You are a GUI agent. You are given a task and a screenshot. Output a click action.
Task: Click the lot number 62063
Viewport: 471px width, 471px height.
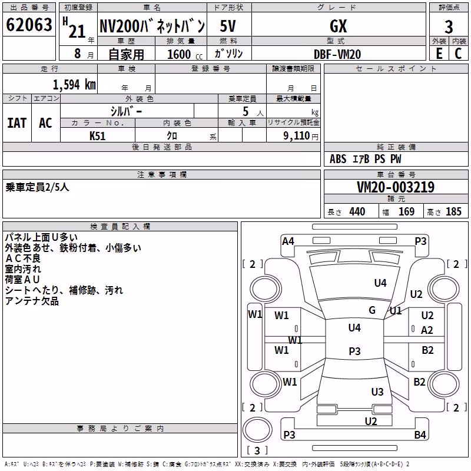29,25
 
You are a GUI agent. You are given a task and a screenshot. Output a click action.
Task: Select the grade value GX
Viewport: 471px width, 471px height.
338,26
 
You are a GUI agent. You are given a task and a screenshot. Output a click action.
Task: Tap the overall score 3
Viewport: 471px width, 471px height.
449,27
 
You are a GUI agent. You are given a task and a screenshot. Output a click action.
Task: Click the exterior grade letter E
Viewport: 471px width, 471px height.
439,54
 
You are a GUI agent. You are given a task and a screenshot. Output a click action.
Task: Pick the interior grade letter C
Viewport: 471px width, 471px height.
458,54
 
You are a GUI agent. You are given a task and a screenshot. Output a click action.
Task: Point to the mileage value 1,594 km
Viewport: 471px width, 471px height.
75,85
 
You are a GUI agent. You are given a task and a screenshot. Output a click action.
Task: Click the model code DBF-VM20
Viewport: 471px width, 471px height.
337,54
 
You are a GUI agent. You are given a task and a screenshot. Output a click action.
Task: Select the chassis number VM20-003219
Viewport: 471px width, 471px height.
396,187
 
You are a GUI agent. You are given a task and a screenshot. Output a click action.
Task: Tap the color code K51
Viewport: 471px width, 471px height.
97,136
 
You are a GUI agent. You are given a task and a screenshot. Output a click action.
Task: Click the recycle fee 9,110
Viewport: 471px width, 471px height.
296,135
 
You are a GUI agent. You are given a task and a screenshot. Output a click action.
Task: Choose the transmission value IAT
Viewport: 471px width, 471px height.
17,123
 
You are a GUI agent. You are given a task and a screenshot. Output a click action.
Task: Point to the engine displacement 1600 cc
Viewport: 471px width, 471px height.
185,54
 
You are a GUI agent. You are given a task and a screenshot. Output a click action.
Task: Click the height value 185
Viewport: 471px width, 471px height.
453,211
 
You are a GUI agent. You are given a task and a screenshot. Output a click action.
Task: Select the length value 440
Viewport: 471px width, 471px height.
357,211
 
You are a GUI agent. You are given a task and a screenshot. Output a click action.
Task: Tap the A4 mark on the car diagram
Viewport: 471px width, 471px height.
288,241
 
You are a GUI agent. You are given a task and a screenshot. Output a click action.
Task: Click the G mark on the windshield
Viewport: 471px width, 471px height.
372,310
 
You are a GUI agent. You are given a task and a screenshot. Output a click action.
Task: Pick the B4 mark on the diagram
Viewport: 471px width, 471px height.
420,434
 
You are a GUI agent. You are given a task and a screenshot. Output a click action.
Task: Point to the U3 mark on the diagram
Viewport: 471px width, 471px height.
377,392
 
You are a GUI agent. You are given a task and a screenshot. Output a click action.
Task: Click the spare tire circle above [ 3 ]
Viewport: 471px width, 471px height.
257,430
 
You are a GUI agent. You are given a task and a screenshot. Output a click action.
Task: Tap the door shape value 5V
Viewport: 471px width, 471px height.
228,26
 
